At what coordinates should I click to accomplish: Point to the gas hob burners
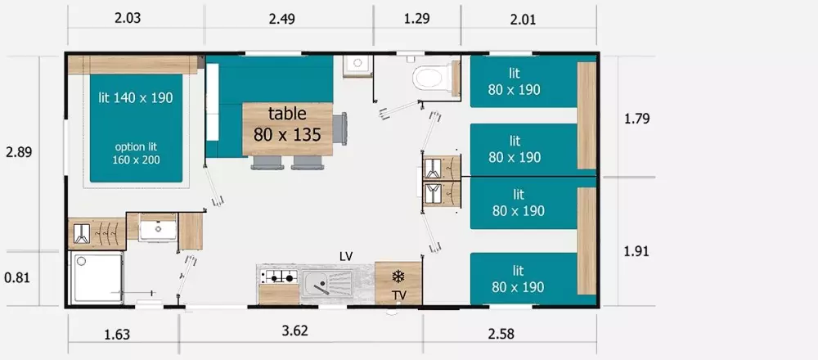[x=278, y=277]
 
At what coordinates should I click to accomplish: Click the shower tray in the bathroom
[x=97, y=277]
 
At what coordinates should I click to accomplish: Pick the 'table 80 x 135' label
[x=287, y=124]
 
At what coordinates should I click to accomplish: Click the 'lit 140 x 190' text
[x=136, y=97]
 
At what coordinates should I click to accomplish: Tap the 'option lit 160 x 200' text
[x=136, y=153]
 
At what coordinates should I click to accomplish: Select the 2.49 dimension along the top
[x=281, y=20]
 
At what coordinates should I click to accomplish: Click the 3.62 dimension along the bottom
[x=295, y=331]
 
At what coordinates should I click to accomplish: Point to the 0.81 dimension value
[x=18, y=278]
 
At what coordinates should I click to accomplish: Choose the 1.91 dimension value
[x=636, y=251]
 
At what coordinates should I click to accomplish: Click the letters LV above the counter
[x=346, y=256]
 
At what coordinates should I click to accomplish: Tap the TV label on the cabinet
[x=399, y=296]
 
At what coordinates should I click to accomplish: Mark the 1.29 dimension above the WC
[x=417, y=19]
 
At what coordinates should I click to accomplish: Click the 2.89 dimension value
[x=19, y=152]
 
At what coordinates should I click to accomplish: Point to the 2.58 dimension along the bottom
[x=501, y=334]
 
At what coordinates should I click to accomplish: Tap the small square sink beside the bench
[x=357, y=65]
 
